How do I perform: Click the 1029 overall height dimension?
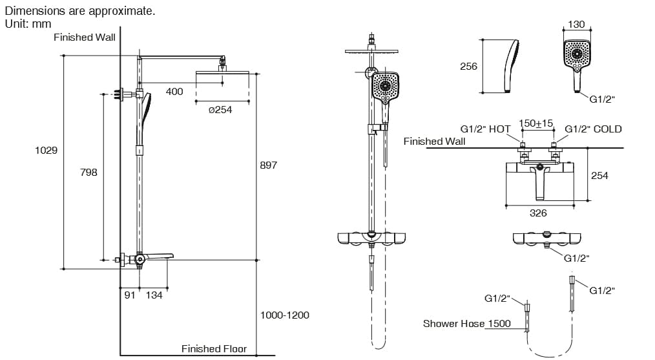[46, 150]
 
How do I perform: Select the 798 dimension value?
[88, 172]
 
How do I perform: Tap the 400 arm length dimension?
[174, 92]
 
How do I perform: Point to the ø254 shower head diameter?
[220, 110]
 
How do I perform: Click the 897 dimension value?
[268, 165]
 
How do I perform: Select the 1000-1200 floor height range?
[284, 315]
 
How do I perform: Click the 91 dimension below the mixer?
[130, 295]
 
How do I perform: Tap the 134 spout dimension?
[154, 295]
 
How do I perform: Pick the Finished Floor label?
[214, 349]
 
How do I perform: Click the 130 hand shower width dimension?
[576, 25]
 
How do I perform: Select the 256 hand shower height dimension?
[468, 67]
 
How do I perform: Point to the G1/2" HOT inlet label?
[485, 129]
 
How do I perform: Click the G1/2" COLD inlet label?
[593, 129]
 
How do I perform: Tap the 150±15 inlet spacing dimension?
[536, 123]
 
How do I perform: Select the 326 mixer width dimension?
[538, 213]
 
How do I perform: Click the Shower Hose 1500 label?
[466, 324]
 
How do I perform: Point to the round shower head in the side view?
[222, 73]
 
